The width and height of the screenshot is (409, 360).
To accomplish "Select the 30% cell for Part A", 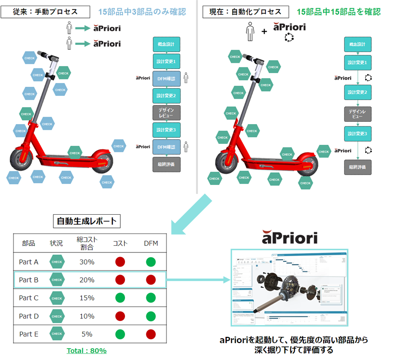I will (x=87, y=262).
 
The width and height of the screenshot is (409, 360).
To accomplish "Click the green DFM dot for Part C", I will (x=150, y=298).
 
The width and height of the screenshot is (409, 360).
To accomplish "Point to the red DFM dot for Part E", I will (x=150, y=334).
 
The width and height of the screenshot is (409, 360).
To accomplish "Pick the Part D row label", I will (x=29, y=316).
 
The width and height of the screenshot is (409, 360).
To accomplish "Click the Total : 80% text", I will (x=86, y=351).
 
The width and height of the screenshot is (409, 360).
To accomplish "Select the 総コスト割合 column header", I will (x=87, y=243).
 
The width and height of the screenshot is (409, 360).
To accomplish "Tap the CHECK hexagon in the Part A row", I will (x=57, y=262).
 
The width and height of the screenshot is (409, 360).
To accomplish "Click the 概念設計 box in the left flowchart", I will (x=167, y=44).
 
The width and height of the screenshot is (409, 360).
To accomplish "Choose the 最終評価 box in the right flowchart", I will (x=358, y=167).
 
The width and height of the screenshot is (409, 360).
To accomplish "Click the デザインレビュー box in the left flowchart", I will (x=167, y=113).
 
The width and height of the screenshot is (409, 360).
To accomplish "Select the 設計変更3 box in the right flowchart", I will (x=358, y=134).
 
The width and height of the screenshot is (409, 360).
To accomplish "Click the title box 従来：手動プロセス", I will (x=46, y=11).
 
